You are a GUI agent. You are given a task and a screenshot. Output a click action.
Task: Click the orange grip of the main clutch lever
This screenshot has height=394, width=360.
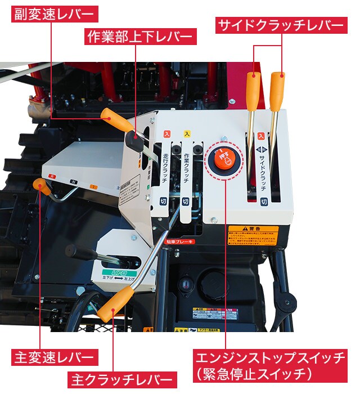pyautogui.click(x=115, y=305)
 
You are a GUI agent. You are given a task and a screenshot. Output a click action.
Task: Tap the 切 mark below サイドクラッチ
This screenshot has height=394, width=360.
pyautogui.click(x=264, y=201)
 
